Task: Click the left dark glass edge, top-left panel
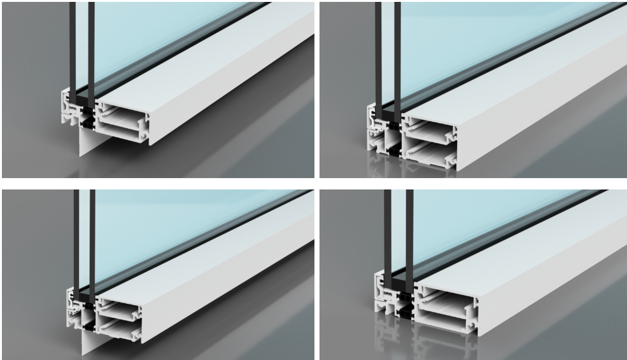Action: [x=73, y=51]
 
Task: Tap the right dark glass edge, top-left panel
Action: [x=92, y=51]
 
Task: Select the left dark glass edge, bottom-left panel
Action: [x=76, y=240]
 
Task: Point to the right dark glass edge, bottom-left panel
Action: [x=93, y=240]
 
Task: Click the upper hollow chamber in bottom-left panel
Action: [x=116, y=309]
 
